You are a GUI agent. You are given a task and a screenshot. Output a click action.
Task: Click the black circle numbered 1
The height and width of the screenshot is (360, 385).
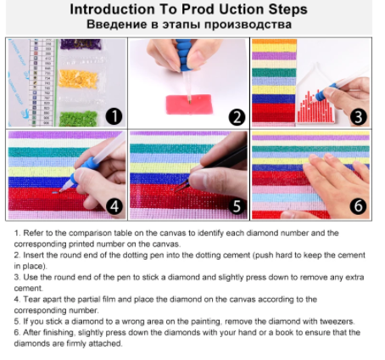[114, 116]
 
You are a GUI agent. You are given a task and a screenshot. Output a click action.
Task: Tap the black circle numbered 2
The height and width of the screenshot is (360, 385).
[237, 117]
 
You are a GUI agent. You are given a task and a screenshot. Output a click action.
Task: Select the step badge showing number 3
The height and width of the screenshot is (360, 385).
[359, 117]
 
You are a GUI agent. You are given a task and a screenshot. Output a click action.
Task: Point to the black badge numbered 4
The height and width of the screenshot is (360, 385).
[114, 206]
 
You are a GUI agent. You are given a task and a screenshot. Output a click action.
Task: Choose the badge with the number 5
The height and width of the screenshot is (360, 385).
[237, 205]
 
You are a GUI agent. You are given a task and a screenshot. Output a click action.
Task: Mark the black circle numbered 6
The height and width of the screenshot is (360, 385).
[358, 205]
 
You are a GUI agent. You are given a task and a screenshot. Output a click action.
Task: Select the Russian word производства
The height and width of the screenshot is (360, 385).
[248, 25]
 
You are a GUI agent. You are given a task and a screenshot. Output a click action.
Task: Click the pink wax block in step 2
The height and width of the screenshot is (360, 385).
[189, 104]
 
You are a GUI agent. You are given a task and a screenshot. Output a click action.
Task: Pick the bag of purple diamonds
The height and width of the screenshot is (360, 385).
[81, 44]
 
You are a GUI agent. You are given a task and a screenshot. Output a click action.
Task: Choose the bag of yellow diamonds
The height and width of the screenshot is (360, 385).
[79, 79]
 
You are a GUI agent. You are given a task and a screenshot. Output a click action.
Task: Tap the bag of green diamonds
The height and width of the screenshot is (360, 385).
[79, 119]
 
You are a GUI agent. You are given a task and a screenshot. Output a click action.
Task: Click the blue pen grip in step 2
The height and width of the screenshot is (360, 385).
[185, 55]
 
